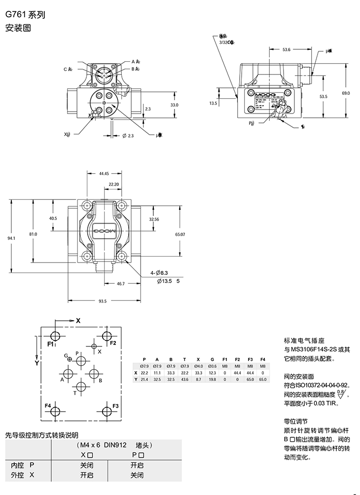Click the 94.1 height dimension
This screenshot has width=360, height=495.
pyautogui.click(x=11, y=238)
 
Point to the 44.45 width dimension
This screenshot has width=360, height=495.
pyautogui.click(x=104, y=174)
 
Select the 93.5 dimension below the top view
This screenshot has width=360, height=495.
pyautogui.click(x=103, y=301)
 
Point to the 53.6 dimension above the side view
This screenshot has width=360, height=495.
pyautogui.click(x=287, y=49)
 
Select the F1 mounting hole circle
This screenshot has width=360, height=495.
pyautogui.click(x=56, y=336)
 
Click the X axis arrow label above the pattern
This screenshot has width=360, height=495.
pyautogui.click(x=77, y=320)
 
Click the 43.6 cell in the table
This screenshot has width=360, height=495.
pyautogui.click(x=185, y=379)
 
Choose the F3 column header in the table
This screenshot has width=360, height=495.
pyautogui.click(x=250, y=359)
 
